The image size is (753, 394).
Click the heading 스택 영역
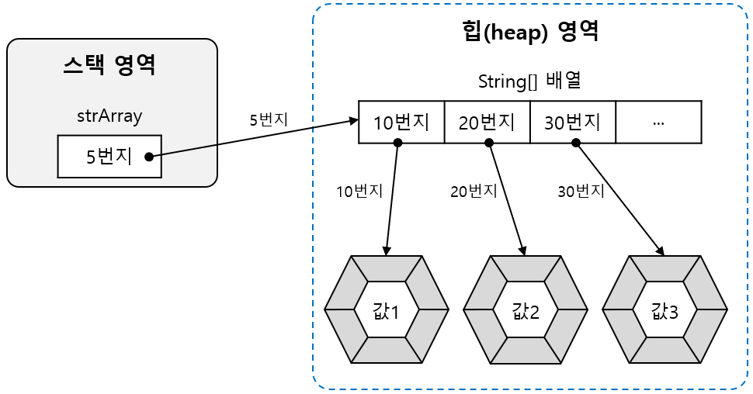[109, 66]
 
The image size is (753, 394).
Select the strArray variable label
[109, 116]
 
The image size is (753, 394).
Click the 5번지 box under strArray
[109, 156]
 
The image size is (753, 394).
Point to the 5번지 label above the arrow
[269, 120]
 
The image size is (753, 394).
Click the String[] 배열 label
[530, 81]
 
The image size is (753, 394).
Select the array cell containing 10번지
[401, 122]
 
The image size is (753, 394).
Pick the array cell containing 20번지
[487, 122]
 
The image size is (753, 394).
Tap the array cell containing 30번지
[573, 122]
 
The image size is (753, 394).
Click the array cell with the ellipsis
[658, 122]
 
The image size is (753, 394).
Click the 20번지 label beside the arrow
[473, 191]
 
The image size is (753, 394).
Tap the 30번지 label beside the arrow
[581, 191]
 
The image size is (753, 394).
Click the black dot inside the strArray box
[148, 157]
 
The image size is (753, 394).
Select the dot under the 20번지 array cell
[488, 143]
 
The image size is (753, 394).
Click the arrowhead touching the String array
[353, 121]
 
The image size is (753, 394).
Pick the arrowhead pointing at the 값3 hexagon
[661, 251]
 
